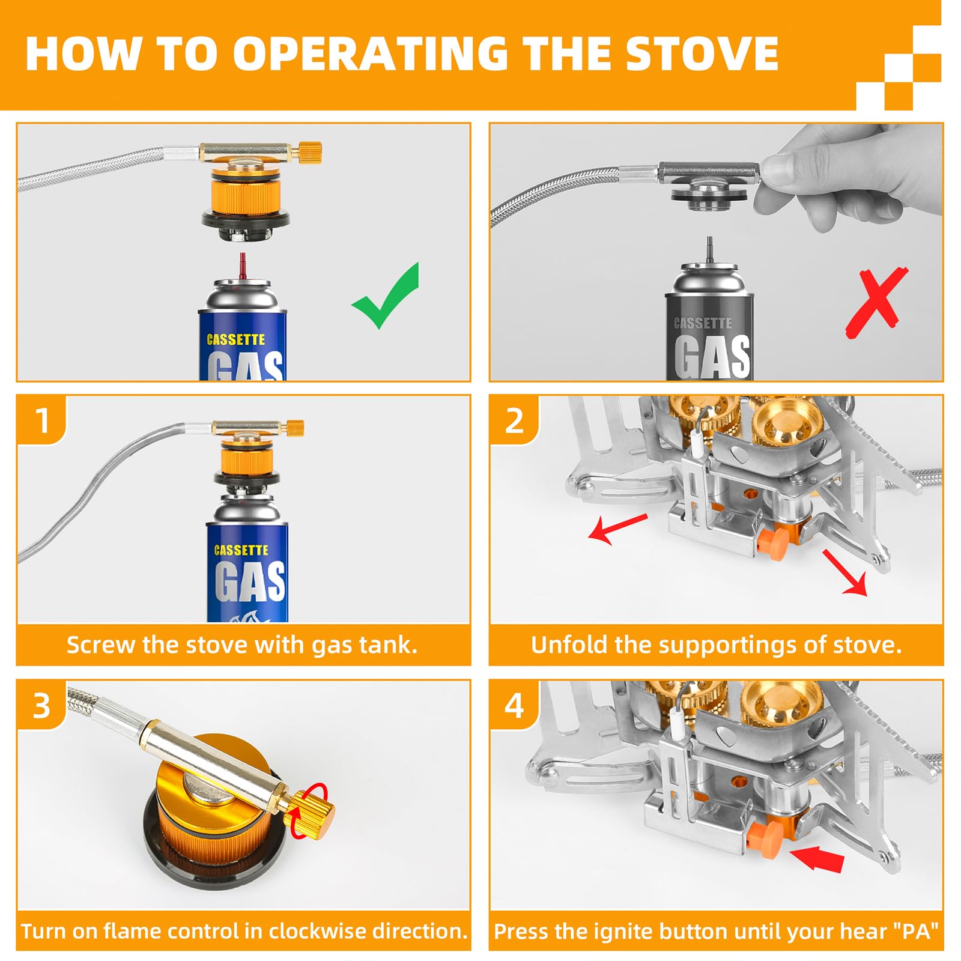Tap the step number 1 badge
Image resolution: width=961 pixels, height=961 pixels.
click(x=41, y=420)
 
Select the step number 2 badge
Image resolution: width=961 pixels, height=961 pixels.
click(x=514, y=420)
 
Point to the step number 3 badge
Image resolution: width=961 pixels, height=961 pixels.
click(x=41, y=705)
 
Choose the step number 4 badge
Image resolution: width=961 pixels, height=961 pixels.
click(x=514, y=705)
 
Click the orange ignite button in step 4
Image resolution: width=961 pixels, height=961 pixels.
click(x=766, y=837)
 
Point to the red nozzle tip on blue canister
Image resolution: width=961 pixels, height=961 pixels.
click(x=243, y=265)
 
